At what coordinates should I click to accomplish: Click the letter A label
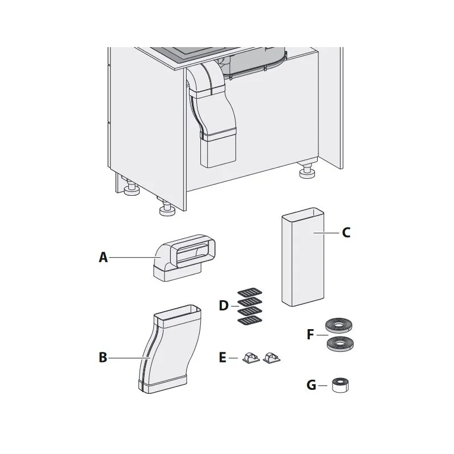tap(103, 257)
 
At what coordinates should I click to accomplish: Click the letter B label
tap(103, 358)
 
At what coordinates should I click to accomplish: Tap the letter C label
tap(346, 233)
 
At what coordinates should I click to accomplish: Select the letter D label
tap(224, 306)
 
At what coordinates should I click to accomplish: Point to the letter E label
tap(222, 358)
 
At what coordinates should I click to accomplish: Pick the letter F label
tap(310, 334)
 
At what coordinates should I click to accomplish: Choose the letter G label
tap(311, 385)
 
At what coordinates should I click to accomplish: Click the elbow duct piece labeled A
tap(184, 258)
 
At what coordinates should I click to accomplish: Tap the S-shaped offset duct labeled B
tap(170, 349)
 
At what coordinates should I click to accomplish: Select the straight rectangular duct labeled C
tap(302, 257)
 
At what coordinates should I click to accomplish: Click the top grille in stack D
tap(250, 292)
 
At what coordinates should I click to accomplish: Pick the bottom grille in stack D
tap(250, 320)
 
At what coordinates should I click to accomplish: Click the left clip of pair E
tap(251, 358)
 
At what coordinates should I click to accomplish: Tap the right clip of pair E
tap(272, 358)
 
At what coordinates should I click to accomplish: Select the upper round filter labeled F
tap(339, 325)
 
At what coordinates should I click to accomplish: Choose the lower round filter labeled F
tap(340, 344)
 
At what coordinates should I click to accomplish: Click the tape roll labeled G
tap(340, 385)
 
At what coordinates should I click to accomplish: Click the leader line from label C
tap(326, 233)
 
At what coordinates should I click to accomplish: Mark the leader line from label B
tap(129, 358)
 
